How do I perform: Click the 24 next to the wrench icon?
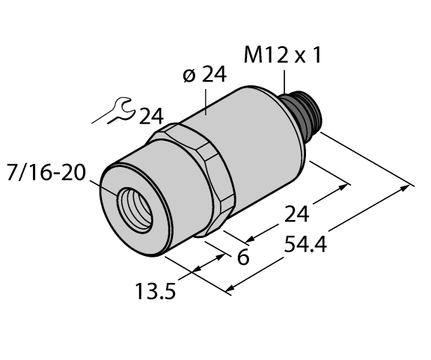point(150,117)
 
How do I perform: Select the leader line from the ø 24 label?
point(207,101)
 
